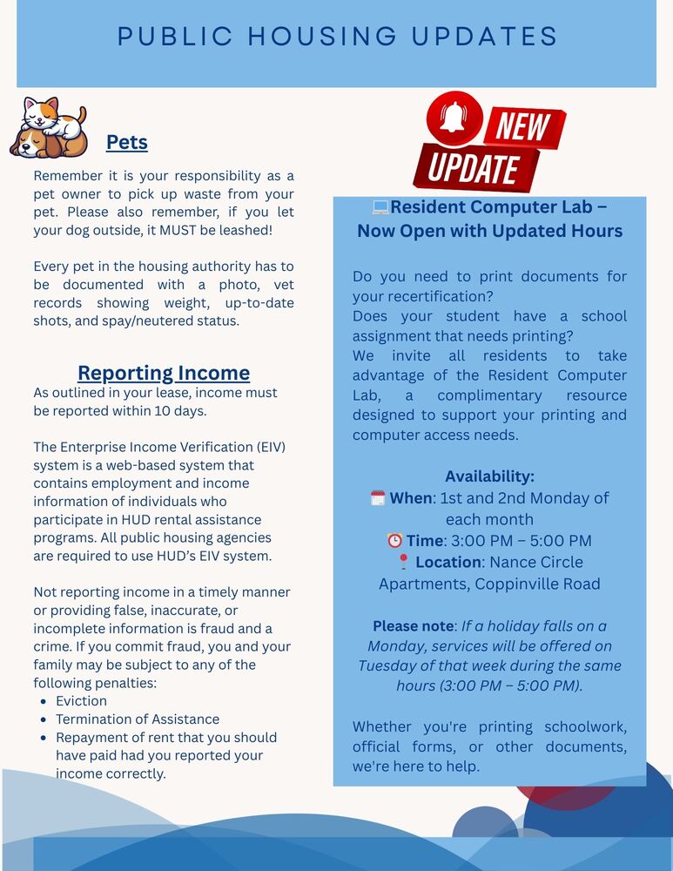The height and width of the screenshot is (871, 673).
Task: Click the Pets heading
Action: [x=127, y=142]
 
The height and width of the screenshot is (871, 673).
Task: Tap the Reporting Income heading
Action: [x=164, y=373]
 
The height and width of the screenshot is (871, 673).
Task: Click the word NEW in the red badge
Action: [x=522, y=127]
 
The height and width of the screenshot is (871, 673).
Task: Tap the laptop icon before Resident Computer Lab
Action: [x=380, y=207]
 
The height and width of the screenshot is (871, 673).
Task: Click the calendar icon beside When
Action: [x=378, y=498]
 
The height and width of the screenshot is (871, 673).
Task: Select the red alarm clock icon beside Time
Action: [x=394, y=541]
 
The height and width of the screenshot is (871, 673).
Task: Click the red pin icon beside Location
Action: [x=402, y=562]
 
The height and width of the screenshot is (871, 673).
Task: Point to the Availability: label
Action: [x=489, y=476]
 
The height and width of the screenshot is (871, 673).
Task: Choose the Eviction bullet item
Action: [x=82, y=700]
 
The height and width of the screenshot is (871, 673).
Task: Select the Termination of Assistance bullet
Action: [x=138, y=719]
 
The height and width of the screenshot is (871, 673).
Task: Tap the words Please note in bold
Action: [x=413, y=625]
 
